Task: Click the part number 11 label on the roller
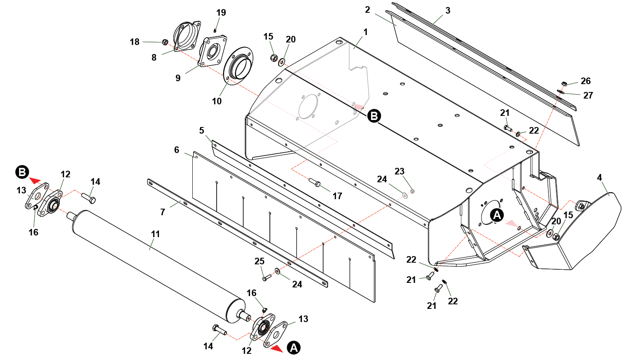(x=155, y=234)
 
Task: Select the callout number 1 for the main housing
(x=365, y=32)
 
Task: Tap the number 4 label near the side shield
(x=599, y=178)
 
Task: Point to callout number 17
(x=337, y=196)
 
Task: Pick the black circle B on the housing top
(x=374, y=116)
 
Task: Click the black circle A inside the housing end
(x=497, y=215)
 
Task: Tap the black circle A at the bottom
(x=294, y=348)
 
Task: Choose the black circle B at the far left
(x=22, y=172)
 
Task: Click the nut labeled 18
(x=165, y=42)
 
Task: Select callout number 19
(x=221, y=13)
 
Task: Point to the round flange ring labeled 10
(x=239, y=66)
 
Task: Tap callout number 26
(x=586, y=81)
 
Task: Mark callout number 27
(x=588, y=96)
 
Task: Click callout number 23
(x=399, y=172)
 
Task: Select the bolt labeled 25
(x=266, y=278)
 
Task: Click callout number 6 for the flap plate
(x=177, y=150)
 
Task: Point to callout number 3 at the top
(x=448, y=11)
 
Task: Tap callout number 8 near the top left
(x=154, y=58)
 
